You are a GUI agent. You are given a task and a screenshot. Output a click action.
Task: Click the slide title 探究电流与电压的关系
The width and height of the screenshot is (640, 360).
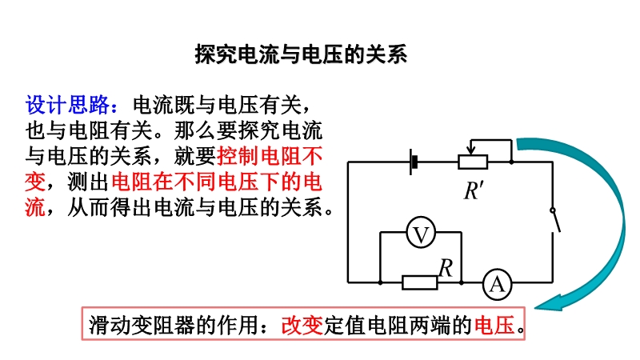[x=301, y=54]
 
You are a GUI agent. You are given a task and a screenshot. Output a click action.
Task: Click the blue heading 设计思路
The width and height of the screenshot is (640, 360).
[x=67, y=105]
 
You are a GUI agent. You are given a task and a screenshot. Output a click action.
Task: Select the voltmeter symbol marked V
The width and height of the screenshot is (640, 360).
[x=421, y=233]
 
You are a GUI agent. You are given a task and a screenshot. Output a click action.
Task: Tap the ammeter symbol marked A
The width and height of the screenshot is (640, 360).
[x=497, y=284]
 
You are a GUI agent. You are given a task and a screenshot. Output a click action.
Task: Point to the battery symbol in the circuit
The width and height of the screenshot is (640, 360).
[x=414, y=162]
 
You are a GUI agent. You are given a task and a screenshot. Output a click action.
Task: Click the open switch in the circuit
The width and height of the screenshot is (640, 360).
[x=555, y=221]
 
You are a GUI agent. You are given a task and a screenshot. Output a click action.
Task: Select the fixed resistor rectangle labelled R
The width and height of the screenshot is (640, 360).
[x=419, y=282]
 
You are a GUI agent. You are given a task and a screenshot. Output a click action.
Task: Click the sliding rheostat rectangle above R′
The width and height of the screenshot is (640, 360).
[x=473, y=162]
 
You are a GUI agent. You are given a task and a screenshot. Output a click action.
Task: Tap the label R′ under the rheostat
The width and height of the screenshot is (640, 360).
[x=474, y=190]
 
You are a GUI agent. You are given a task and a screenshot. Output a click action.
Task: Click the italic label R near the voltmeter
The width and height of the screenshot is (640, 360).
[x=446, y=268]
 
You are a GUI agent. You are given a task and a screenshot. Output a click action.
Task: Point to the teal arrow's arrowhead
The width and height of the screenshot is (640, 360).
[x=549, y=303]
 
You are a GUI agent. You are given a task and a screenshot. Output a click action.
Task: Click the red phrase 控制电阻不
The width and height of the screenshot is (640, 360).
[x=270, y=156]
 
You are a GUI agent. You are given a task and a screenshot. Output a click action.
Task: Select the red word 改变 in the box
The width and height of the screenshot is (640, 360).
[x=302, y=326]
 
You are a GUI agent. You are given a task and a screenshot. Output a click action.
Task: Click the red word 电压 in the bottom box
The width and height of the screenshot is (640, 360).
[x=494, y=326]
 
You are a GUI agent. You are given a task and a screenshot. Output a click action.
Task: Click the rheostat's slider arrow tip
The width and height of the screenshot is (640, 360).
[x=470, y=154]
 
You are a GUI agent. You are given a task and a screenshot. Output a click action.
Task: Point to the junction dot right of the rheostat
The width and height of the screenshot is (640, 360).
[x=511, y=162]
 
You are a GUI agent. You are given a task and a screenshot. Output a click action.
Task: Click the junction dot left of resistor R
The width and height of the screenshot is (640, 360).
[x=380, y=282]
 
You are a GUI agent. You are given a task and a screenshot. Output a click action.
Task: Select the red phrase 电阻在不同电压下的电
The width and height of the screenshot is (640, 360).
[x=217, y=182]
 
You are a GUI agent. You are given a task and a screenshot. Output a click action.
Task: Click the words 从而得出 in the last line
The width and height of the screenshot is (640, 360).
[x=110, y=208]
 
